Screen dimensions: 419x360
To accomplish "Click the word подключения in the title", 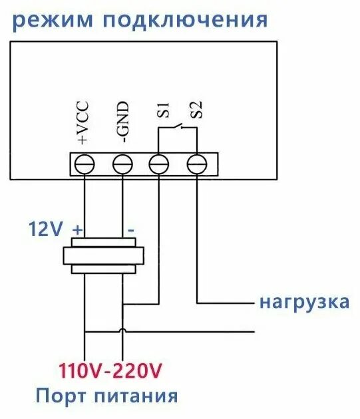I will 184,20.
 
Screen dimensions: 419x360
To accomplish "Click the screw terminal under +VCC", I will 84,163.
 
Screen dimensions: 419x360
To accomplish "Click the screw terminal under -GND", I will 122,163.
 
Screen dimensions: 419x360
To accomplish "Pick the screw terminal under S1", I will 158,163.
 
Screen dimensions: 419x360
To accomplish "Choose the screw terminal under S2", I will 196,163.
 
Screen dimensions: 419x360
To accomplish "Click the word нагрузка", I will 304,302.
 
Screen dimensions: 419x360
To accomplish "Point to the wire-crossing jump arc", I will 122,330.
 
